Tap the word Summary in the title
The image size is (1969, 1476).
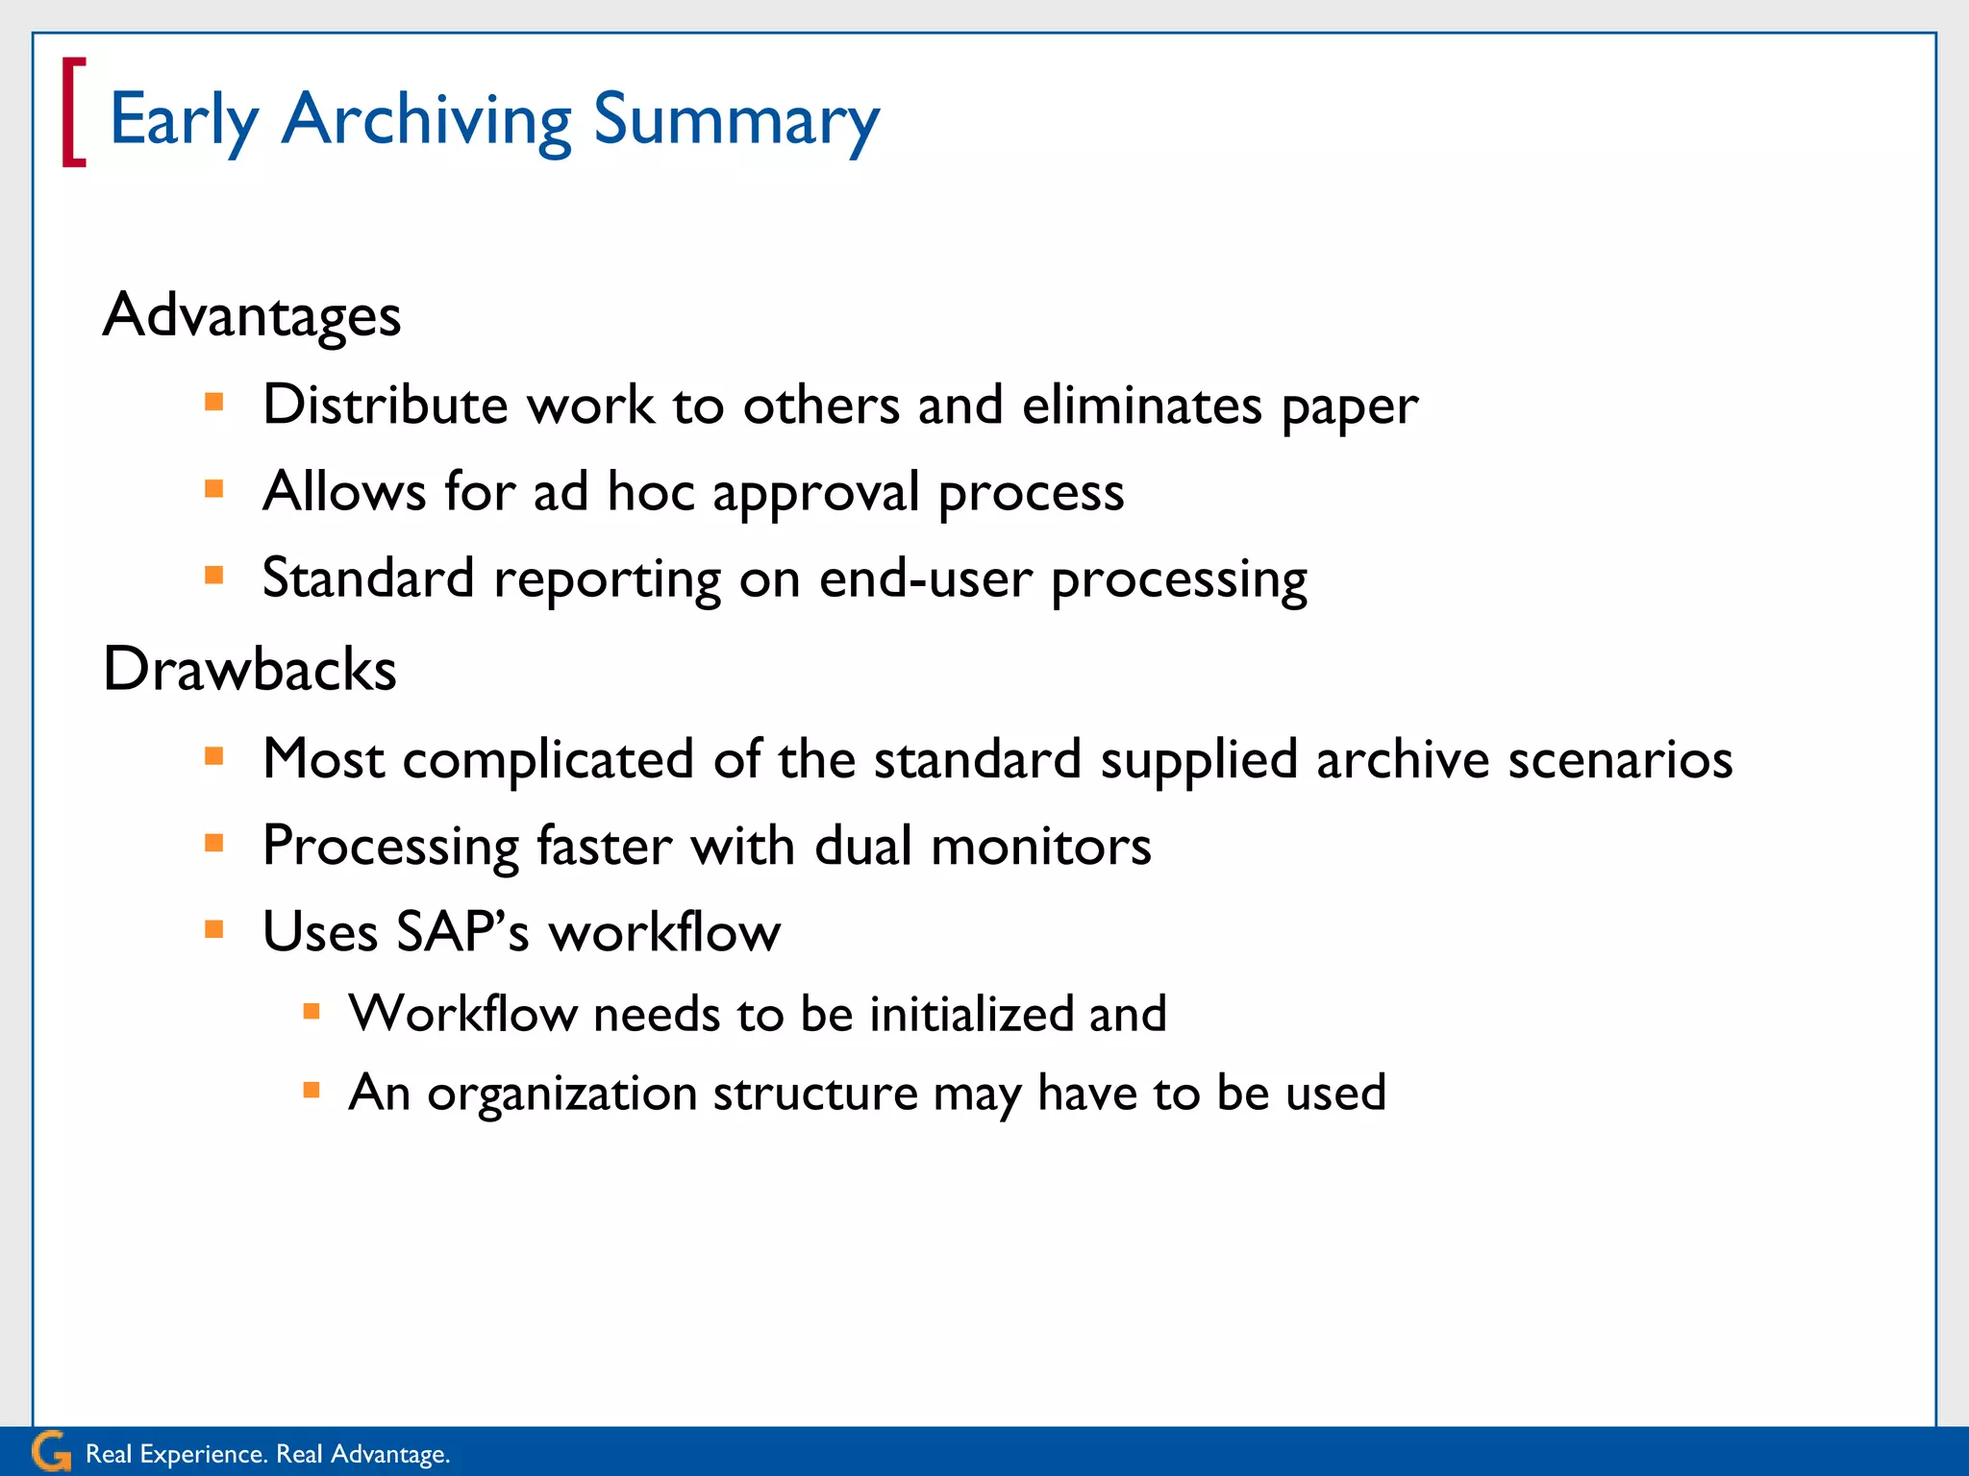(735, 121)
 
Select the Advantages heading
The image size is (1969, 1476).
(252, 315)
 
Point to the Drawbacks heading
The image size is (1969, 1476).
(250, 669)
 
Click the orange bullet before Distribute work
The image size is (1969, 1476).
(214, 402)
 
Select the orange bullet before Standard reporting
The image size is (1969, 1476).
(214, 576)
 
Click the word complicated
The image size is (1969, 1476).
(548, 760)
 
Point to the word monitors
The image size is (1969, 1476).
(1041, 847)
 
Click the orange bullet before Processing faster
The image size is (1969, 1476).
(214, 844)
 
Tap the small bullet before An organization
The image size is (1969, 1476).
(312, 1090)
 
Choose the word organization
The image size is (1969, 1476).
(562, 1095)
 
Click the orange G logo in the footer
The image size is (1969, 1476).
(50, 1451)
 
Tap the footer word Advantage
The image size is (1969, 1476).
(389, 1454)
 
